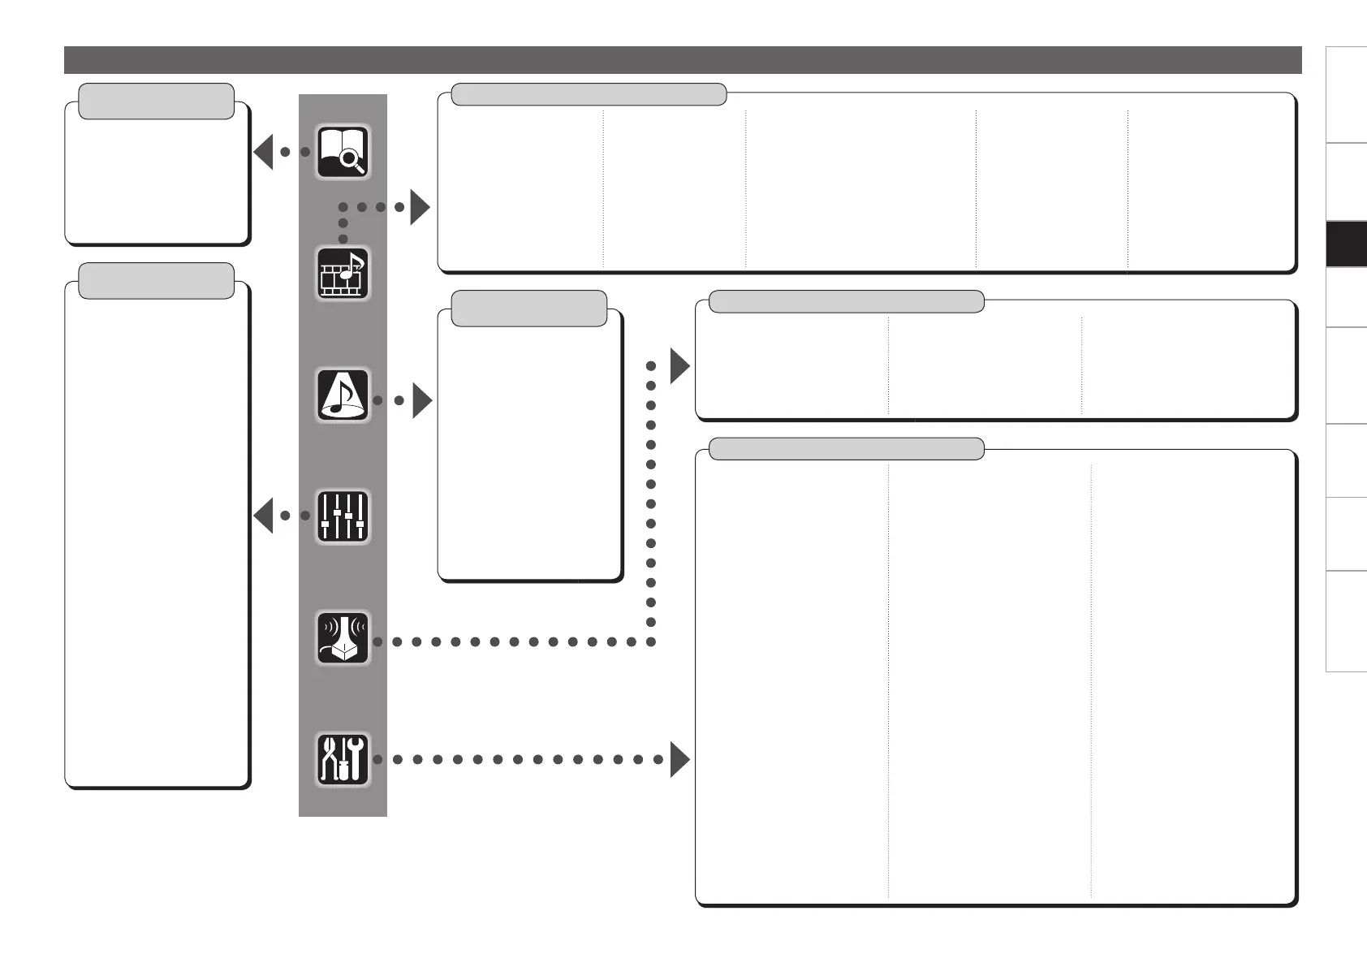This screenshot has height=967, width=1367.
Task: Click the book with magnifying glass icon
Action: coord(343,152)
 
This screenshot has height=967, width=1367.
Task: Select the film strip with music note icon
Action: coord(343,274)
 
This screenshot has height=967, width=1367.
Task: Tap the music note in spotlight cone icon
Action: coord(343,395)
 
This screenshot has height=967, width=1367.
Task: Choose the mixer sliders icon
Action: coord(343,516)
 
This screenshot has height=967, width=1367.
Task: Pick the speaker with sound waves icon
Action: coord(343,638)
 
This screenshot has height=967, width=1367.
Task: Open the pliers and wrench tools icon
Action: coord(343,759)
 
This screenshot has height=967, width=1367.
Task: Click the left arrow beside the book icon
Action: coord(263,152)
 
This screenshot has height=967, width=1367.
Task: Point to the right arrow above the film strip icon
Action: coord(420,207)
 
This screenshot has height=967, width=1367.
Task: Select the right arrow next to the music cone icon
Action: coord(422,400)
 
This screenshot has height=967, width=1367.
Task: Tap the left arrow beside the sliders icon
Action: coord(263,516)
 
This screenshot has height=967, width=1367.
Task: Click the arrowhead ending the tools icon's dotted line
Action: coord(679,760)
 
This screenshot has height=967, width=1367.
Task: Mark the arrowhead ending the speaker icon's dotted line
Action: coord(679,367)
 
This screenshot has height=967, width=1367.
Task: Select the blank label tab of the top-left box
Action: coord(157,101)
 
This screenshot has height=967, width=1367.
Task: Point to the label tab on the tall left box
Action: coord(157,280)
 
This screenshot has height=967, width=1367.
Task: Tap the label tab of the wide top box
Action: coord(588,94)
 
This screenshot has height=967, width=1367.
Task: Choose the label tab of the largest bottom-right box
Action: coord(846,448)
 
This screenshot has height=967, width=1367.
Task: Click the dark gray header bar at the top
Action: coord(682,60)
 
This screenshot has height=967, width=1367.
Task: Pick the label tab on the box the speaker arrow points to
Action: coord(846,302)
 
